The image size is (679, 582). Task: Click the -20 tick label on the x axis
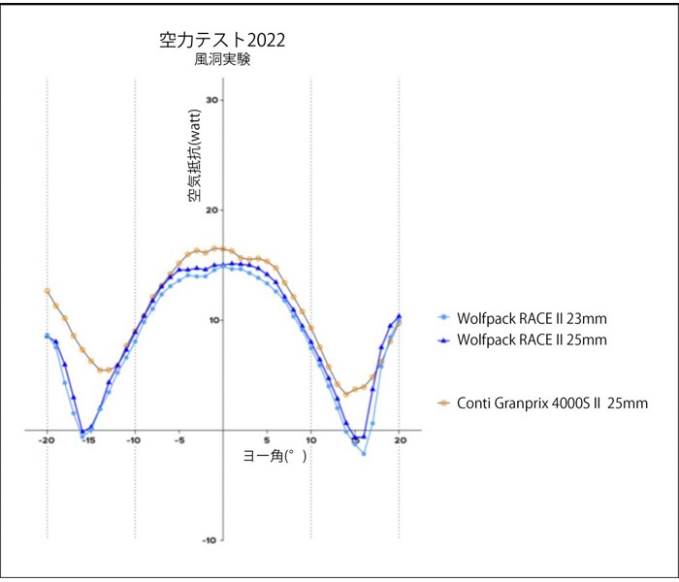(x=46, y=440)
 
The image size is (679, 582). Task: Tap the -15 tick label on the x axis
(x=89, y=440)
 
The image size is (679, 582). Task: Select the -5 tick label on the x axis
(x=178, y=440)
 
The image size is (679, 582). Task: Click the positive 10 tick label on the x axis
(x=311, y=440)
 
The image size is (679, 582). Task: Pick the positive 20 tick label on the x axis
(x=400, y=440)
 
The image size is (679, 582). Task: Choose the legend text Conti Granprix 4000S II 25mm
(x=551, y=403)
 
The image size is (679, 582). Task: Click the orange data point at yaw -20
(x=47, y=290)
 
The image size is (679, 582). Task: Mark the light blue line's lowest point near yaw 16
(x=364, y=453)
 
